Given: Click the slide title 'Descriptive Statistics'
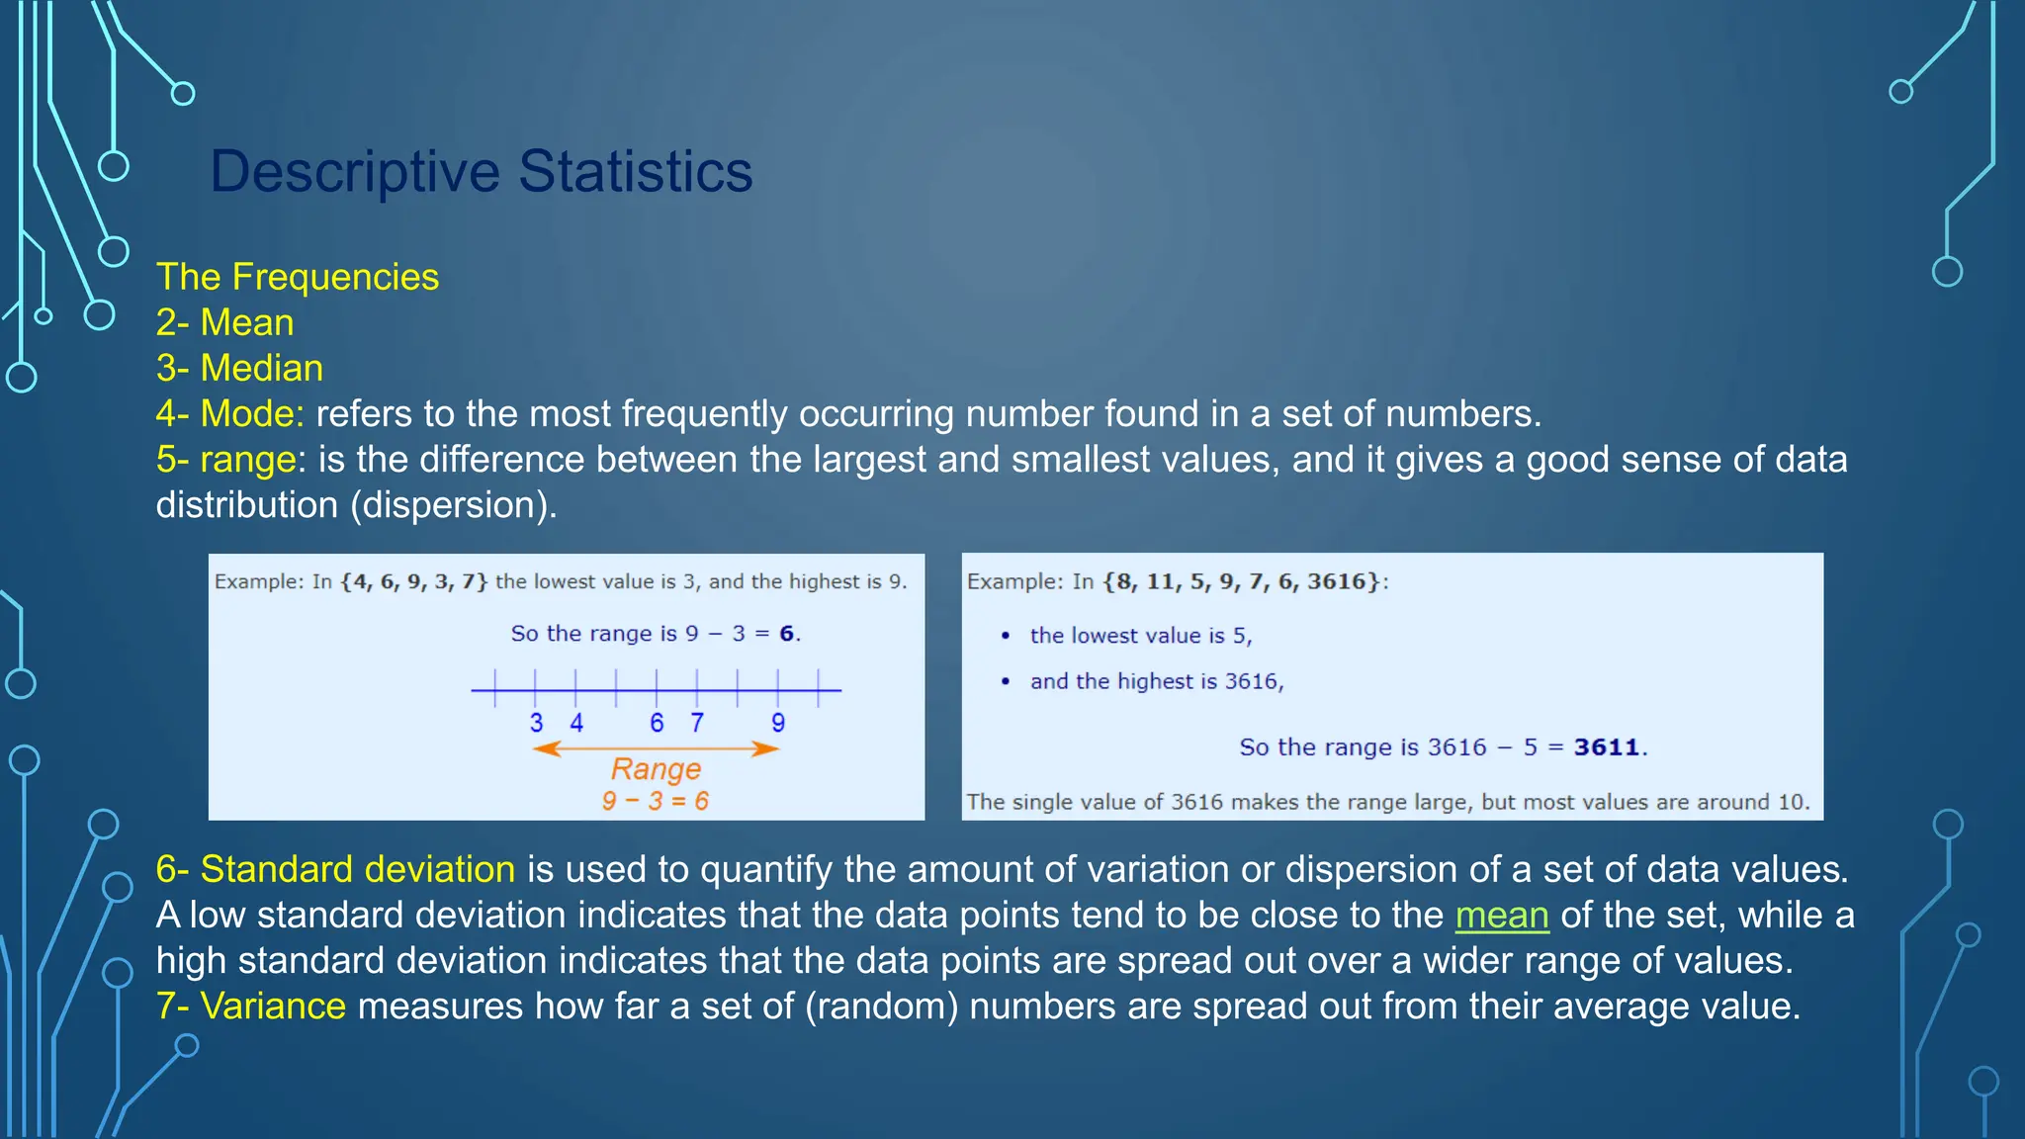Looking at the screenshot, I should coord(482,171).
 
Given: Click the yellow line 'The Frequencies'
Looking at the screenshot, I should coord(298,277).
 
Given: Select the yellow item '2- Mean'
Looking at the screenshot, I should coord(225,322).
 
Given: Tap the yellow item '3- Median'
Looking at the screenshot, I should coord(240,368).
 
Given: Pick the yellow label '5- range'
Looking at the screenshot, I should coord(226,459).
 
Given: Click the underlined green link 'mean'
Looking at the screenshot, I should coord(1501,916).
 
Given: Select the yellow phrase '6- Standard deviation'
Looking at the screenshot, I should coord(335,869).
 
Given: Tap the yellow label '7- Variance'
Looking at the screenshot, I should coord(251,1007).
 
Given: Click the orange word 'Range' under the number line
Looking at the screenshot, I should coord(656,768).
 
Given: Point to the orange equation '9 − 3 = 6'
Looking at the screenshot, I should coord(656,801).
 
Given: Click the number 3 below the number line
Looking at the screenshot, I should coord(536,723).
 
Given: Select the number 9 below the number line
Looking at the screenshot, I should coord(778,723).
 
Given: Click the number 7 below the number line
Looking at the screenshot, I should coord(697,723).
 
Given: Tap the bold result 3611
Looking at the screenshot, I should coord(1607,747).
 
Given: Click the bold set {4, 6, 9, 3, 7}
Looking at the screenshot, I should coord(413,581).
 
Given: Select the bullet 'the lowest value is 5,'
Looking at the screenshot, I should coord(1140,636).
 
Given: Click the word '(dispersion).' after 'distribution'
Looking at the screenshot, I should coord(454,505).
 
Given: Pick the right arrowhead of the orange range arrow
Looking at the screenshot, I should coord(768,749).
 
